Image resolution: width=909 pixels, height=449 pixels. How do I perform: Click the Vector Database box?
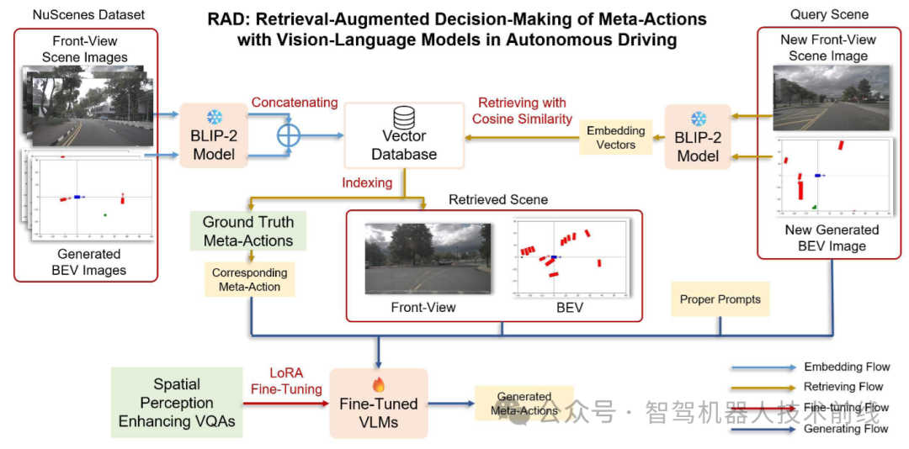coord(405,135)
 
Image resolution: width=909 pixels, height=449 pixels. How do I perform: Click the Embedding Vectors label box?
coord(616,138)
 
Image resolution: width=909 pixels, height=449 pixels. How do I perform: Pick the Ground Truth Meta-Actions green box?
coord(248,231)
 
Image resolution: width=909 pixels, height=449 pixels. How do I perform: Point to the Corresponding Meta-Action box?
coord(249,279)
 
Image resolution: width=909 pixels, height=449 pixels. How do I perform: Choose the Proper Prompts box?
coord(720,299)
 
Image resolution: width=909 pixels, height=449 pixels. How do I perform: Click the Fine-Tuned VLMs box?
coord(378,403)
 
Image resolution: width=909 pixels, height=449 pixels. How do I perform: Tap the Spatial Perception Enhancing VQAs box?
coord(177,403)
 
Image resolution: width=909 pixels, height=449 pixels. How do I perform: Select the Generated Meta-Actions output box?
coord(524,404)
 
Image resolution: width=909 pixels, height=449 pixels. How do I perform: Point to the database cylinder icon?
coord(405,117)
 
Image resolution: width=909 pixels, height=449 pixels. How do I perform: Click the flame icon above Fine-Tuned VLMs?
coord(378,384)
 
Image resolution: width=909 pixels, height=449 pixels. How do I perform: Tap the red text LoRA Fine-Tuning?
coord(286,381)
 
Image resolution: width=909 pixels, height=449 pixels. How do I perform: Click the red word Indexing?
coord(367,182)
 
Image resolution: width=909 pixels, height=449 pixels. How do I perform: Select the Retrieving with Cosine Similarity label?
coord(522,111)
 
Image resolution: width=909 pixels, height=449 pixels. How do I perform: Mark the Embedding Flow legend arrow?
coord(763,367)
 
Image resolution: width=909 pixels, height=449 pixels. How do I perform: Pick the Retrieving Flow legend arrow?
coord(763,388)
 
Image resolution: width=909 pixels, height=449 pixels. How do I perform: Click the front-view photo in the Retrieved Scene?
coord(428,258)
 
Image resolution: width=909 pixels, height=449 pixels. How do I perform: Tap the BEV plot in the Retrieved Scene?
coord(570,258)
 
